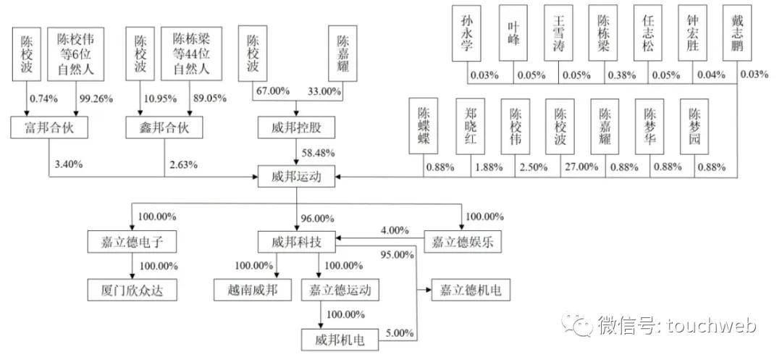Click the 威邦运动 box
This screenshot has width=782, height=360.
[297, 176]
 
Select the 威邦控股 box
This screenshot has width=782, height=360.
[297, 128]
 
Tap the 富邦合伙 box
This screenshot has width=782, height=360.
[49, 128]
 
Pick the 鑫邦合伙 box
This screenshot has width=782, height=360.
[165, 128]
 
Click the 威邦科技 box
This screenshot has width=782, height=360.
[297, 243]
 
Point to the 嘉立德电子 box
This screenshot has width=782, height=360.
[133, 243]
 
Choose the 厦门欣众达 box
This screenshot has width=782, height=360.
[133, 290]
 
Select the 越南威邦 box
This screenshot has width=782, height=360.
[253, 290]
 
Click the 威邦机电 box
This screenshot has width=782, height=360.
[340, 340]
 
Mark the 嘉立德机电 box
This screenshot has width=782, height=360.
[468, 290]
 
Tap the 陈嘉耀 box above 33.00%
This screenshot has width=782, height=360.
[342, 52]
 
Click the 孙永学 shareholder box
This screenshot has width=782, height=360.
[467, 33]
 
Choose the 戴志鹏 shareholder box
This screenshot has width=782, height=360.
[736, 33]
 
